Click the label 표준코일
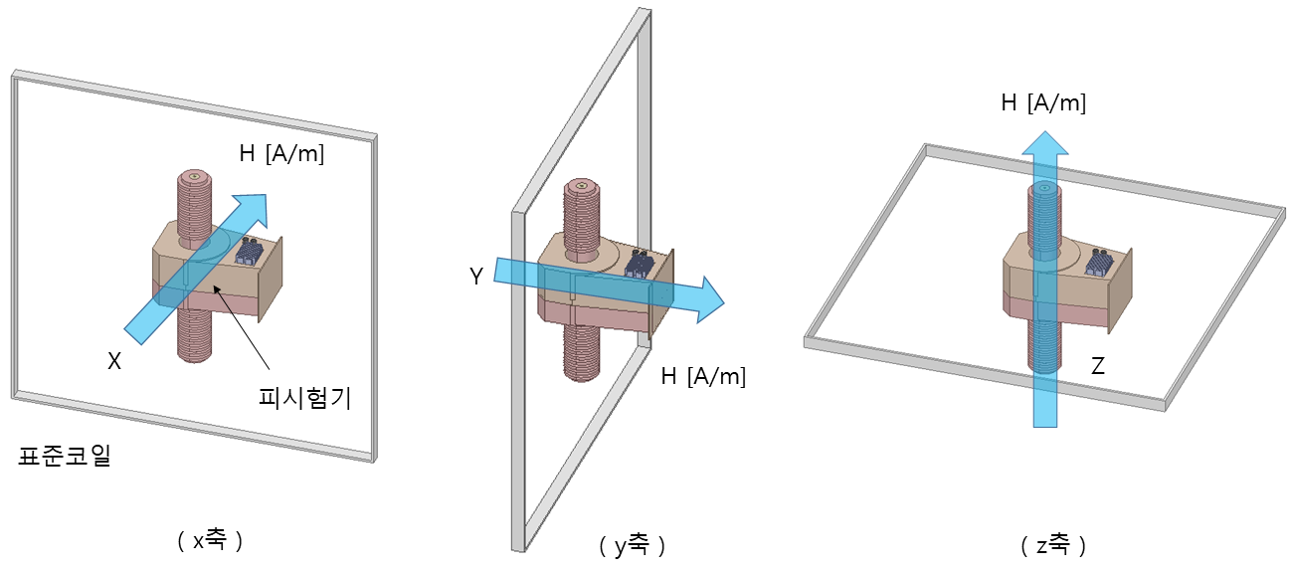click(64, 456)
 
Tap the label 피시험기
click(304, 398)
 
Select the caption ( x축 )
click(210, 540)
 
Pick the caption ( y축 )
click(633, 544)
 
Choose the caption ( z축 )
click(1053, 544)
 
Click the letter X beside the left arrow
click(114, 361)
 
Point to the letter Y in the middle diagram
click(476, 277)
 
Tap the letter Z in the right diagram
click(1098, 366)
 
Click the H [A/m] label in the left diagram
click(281, 153)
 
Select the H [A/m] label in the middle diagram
click(703, 376)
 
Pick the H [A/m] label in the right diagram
click(1043, 102)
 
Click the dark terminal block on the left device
click(250, 252)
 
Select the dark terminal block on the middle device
click(640, 264)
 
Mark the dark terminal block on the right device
click(1099, 263)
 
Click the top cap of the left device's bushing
click(194, 176)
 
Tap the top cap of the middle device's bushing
click(582, 185)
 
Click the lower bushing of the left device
click(194, 336)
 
